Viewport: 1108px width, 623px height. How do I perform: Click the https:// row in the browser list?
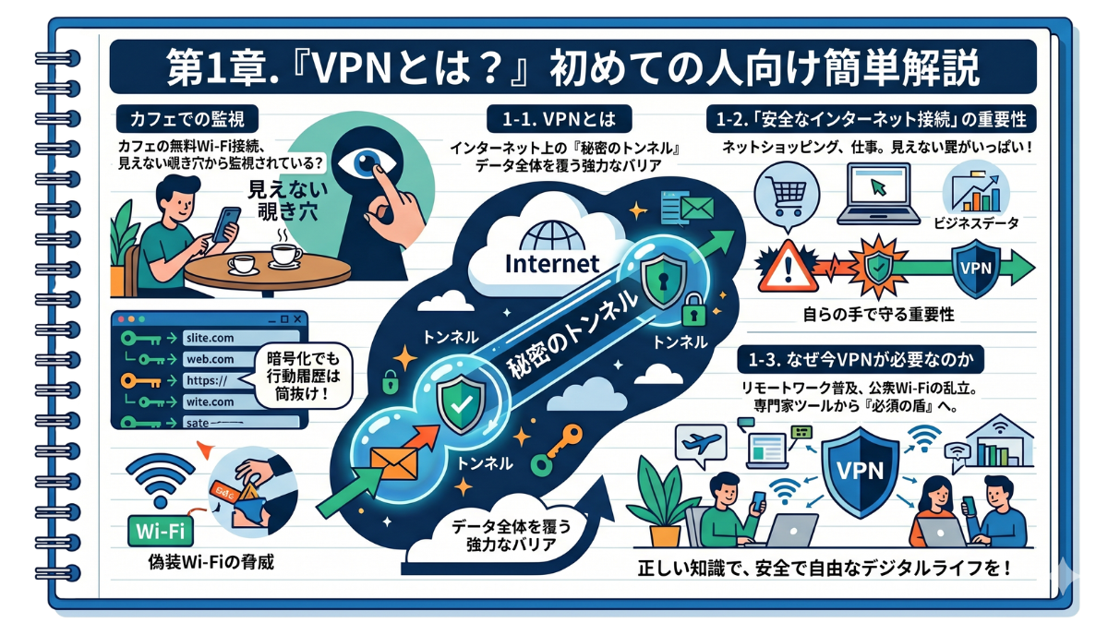tap(211, 379)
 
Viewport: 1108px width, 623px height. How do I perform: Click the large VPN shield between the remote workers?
tap(859, 473)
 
